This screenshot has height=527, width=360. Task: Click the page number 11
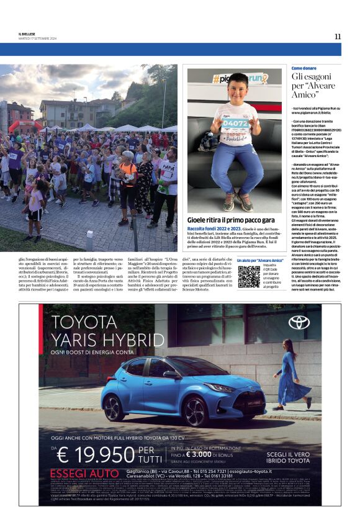337,36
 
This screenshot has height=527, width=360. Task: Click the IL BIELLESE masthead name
28,34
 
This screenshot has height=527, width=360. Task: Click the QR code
249,276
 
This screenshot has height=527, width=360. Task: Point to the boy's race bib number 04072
235,123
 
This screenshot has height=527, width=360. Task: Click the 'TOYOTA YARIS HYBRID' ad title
99,331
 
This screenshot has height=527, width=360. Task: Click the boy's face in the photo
237,87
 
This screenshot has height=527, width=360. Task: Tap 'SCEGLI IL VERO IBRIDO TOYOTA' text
290,457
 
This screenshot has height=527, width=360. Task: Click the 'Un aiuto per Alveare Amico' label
260,260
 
